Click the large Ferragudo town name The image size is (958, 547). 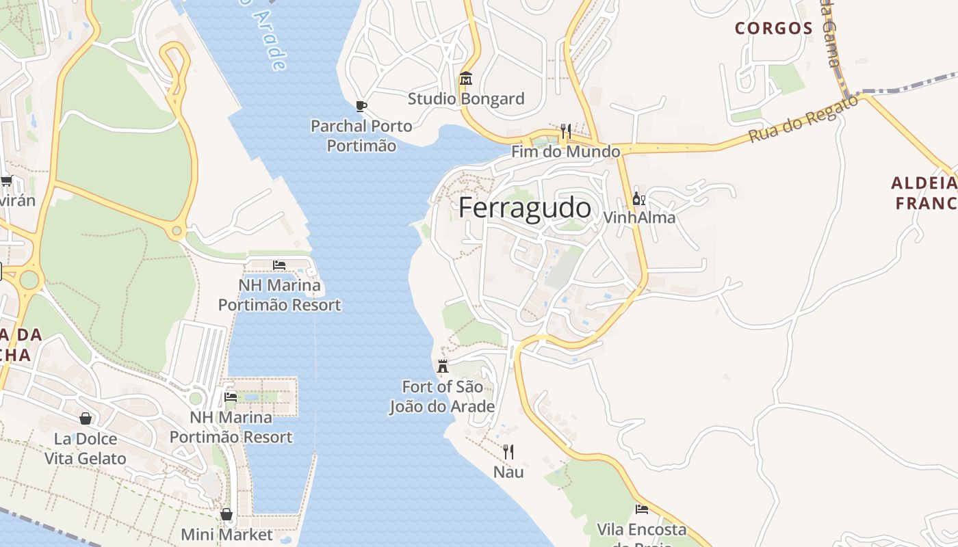pyautogui.click(x=525, y=208)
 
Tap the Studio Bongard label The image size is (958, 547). pyautogui.click(x=466, y=99)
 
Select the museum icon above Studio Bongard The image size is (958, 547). pyautogui.click(x=466, y=79)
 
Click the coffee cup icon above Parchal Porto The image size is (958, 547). pyautogui.click(x=361, y=106)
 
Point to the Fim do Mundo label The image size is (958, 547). pyautogui.click(x=566, y=152)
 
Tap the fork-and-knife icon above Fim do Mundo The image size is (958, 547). pyautogui.click(x=565, y=131)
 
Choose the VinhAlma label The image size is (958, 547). pyautogui.click(x=639, y=218)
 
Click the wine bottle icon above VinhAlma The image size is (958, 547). pyautogui.click(x=638, y=199)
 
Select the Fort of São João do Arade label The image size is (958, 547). pyautogui.click(x=442, y=397)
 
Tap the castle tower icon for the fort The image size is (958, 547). pyautogui.click(x=443, y=366)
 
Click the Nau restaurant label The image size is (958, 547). pyautogui.click(x=508, y=472)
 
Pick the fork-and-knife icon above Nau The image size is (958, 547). pyautogui.click(x=508, y=451)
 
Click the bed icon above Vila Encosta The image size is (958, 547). pyautogui.click(x=642, y=509)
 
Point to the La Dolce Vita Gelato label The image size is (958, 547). pyautogui.click(x=86, y=449)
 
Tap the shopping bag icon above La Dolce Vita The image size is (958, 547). pyautogui.click(x=86, y=418)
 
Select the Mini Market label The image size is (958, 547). pyautogui.click(x=226, y=535)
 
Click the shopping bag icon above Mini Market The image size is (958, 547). pyautogui.click(x=226, y=514)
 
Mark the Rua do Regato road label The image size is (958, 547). pyautogui.click(x=803, y=119)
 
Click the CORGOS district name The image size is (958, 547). pyautogui.click(x=774, y=29)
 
